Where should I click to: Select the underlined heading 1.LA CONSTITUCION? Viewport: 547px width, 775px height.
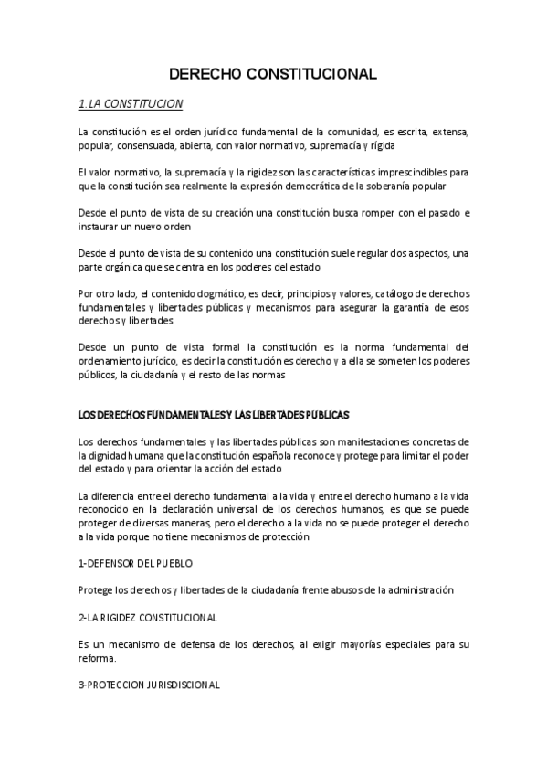[x=131, y=103]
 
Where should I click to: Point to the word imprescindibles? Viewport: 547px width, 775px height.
[x=394, y=172]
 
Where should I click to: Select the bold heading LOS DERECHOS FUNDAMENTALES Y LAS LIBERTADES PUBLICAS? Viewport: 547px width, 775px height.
[x=214, y=414]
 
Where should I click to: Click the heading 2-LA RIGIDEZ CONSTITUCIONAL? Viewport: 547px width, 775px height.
[x=148, y=618]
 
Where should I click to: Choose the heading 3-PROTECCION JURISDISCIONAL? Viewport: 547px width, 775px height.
[x=149, y=685]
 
